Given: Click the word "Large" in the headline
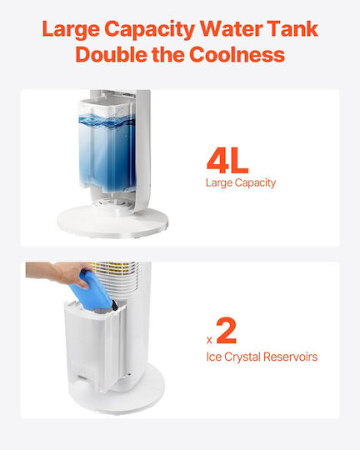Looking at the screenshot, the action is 71,29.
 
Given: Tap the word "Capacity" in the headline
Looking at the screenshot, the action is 149,30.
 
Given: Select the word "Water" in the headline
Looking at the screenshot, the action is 231,29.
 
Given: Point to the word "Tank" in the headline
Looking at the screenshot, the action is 293,28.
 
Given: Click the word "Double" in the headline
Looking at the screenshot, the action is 112,54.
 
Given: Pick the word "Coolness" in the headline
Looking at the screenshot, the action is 237,54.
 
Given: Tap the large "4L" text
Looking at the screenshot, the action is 227,161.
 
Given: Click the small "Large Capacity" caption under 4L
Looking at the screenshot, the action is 241,182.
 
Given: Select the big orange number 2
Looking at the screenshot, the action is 227,330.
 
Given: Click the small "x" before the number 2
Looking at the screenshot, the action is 209,340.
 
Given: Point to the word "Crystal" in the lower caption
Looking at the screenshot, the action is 242,357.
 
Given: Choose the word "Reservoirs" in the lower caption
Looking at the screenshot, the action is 290,357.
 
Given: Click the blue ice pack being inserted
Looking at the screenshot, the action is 92,292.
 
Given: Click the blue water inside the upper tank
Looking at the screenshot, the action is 107,153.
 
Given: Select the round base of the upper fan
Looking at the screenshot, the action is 112,222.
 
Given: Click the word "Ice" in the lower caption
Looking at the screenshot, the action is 214,357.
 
